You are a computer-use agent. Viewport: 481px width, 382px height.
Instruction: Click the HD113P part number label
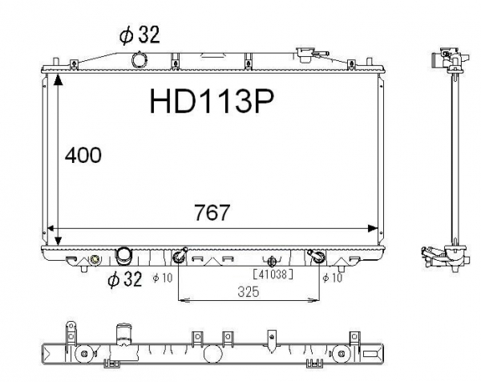point(212,102)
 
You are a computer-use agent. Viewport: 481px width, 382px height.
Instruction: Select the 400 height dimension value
point(83,155)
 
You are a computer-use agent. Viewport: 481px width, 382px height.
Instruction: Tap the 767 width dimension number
point(212,212)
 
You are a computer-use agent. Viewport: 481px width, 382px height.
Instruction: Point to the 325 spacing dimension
point(249,292)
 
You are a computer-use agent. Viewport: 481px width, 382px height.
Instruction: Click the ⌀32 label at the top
point(139,35)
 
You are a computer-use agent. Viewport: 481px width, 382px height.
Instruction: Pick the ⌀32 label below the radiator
point(125,279)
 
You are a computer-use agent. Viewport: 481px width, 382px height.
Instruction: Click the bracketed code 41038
point(273,274)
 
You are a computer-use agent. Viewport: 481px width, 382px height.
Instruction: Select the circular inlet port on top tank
point(139,59)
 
